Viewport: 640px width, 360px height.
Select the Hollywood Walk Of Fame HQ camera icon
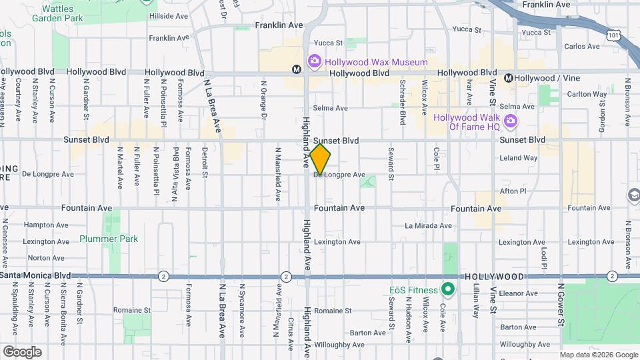(511, 121)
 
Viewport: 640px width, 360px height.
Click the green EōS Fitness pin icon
(448, 290)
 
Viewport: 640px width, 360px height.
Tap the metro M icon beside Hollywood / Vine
(508, 78)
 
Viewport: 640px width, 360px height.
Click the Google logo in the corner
(22, 351)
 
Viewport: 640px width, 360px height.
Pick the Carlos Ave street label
(582, 47)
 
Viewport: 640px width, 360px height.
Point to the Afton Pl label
(513, 191)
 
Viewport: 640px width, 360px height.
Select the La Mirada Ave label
(429, 226)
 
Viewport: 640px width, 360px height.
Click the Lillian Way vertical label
(476, 300)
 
